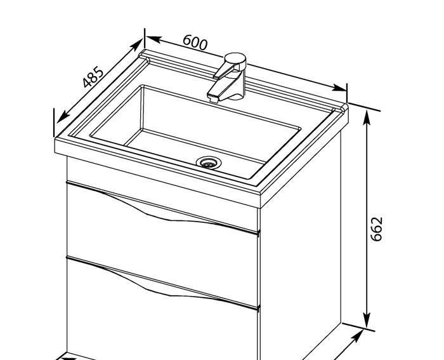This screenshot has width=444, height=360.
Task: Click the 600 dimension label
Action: tap(195, 43)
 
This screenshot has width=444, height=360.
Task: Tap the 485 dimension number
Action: tap(93, 76)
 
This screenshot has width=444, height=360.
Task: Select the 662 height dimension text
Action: tap(377, 229)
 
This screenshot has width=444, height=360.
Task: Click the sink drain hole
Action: tap(207, 163)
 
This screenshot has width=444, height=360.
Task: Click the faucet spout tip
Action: tap(213, 97)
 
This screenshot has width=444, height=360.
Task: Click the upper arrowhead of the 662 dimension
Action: tap(367, 116)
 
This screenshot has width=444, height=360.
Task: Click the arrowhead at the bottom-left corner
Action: tap(70, 357)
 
